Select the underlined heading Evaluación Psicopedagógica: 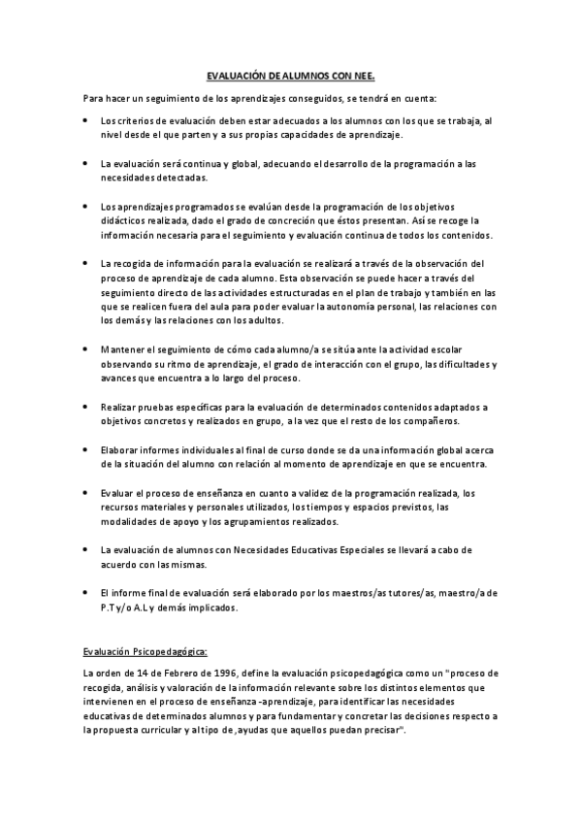click(x=145, y=651)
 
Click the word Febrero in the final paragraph click(x=178, y=673)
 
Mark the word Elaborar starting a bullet click(x=120, y=450)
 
